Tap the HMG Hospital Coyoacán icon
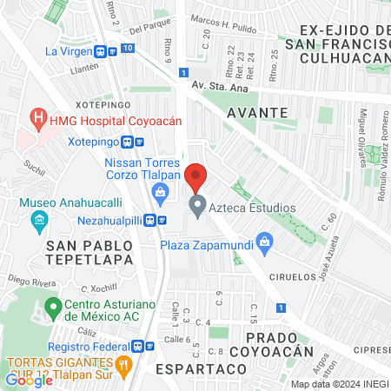tap(38, 116)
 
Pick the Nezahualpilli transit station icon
tap(150, 220)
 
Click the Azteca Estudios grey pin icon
tap(197, 208)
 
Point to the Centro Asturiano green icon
tap(53, 306)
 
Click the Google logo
tap(29, 380)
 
